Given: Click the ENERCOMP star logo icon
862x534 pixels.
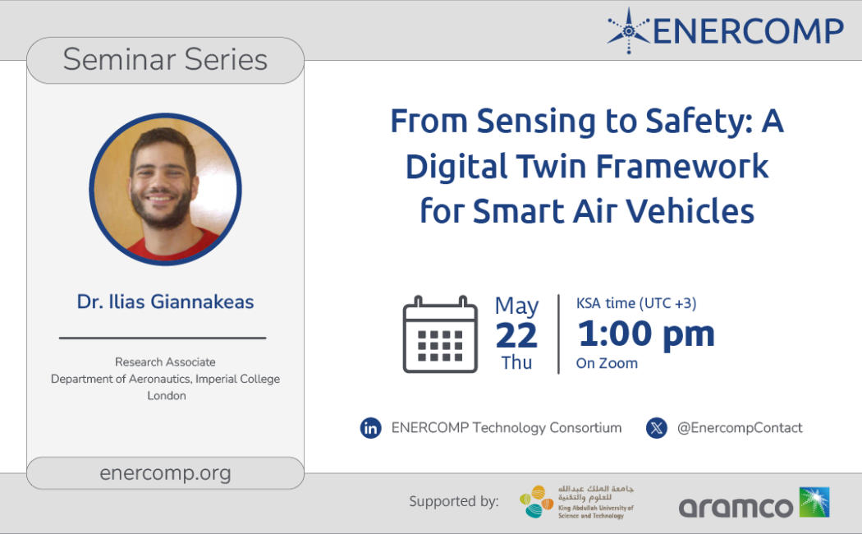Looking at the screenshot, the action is point(629,30).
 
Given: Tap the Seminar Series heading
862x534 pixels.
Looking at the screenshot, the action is point(165,59).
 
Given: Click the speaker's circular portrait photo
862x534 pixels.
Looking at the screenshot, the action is point(166,189).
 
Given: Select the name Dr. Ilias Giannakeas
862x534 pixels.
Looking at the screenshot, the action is point(166,302).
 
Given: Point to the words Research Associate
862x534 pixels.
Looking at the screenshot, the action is point(165,361).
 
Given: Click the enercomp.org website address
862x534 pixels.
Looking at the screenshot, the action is point(165,473).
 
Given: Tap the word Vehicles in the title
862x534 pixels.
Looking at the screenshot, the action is point(690,211).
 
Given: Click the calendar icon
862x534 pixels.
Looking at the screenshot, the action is point(440,334).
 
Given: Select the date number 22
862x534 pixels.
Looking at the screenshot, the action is point(516,335).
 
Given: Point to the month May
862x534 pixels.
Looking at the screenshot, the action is point(516,306).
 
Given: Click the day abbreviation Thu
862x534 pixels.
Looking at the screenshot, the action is point(516,363).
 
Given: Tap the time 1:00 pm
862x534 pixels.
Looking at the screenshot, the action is point(646,334).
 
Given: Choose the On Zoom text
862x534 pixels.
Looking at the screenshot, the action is point(607,363).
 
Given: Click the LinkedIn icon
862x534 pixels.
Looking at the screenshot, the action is point(370,428).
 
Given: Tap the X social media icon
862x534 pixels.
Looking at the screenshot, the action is point(657,428).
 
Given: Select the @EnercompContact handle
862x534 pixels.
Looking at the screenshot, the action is point(740,428).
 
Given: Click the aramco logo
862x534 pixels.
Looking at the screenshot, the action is point(754,503).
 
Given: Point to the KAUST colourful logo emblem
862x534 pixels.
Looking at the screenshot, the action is point(537,502).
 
